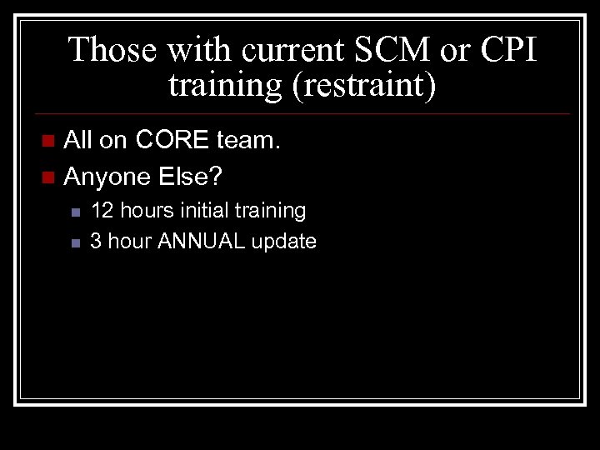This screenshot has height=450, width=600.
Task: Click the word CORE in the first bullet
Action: tap(172, 141)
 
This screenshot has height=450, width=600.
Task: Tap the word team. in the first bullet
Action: tap(248, 141)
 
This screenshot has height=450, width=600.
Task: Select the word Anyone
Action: tap(104, 177)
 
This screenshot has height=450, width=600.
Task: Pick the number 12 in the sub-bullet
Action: tap(102, 211)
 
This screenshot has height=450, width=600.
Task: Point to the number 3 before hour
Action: tap(96, 242)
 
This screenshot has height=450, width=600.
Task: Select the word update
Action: tap(283, 242)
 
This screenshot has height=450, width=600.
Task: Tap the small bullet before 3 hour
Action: tap(74, 243)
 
